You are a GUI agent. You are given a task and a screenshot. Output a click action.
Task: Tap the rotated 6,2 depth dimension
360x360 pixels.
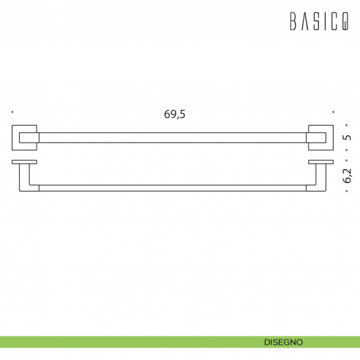[348, 175]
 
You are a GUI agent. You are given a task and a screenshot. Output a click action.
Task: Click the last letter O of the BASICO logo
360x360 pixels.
[343, 23]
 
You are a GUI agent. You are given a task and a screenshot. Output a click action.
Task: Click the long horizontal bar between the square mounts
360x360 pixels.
[172, 136]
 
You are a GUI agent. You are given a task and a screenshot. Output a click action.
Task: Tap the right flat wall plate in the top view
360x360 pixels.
[320, 160]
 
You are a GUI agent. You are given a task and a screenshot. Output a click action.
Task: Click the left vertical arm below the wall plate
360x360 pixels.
[25, 176]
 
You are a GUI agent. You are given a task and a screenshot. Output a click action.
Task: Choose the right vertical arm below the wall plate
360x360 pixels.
[320, 176]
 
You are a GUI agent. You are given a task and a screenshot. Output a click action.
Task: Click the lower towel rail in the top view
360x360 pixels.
[172, 188]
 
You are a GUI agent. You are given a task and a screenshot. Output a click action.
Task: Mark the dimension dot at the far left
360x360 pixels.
[12, 112]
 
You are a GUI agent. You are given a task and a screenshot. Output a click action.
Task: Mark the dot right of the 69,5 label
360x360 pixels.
[333, 112]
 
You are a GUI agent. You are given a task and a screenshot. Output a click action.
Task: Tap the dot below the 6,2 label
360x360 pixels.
[348, 192]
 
